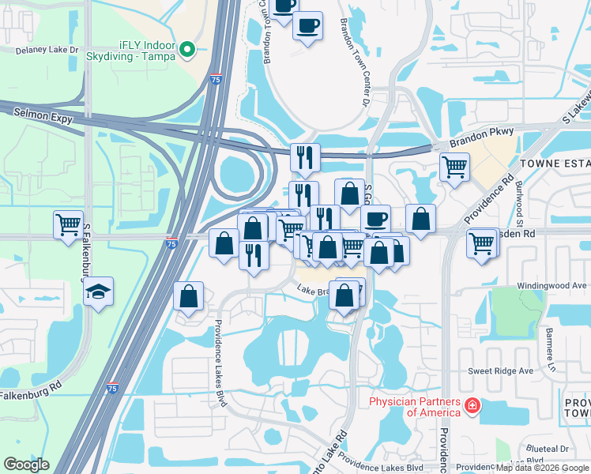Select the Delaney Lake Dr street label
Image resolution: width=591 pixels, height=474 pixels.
click(47, 50)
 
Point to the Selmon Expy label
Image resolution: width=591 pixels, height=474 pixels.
click(43, 116)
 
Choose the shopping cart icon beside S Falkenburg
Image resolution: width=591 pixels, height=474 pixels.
click(69, 224)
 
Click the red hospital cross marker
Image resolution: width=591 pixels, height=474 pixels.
click(472, 406)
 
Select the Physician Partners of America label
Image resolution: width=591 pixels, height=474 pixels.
click(415, 407)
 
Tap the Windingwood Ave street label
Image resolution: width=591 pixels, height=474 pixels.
click(552, 285)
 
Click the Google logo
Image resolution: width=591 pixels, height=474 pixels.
click(26, 465)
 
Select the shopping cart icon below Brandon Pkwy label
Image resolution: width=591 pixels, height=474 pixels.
click(454, 167)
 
